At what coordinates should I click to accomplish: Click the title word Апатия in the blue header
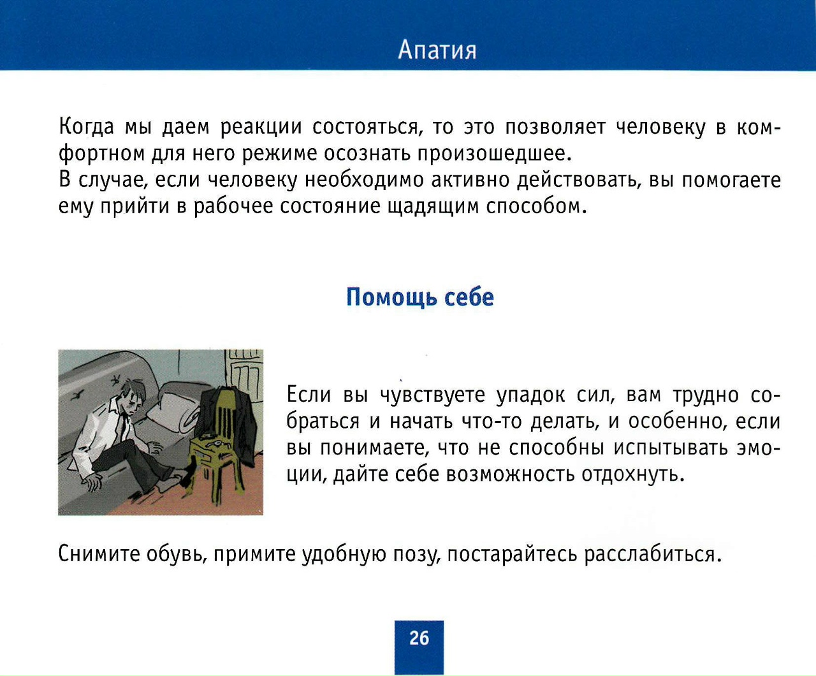(437, 50)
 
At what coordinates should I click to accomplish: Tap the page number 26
(419, 638)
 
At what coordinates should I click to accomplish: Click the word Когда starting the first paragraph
(86, 126)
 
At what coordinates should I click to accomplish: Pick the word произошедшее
(494, 154)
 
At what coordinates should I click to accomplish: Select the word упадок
(530, 395)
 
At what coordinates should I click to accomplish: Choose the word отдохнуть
(633, 474)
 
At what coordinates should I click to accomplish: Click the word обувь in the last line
(177, 554)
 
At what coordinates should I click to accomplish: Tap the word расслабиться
(653, 554)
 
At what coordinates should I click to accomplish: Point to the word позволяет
(555, 127)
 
